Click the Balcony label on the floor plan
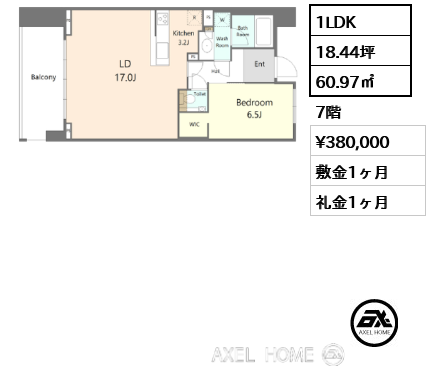tap(42, 77)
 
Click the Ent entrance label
tap(260, 64)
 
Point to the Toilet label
tap(199, 95)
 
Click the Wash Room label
tap(222, 42)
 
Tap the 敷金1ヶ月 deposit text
tap(353, 171)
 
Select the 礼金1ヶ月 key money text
tap(353, 201)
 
